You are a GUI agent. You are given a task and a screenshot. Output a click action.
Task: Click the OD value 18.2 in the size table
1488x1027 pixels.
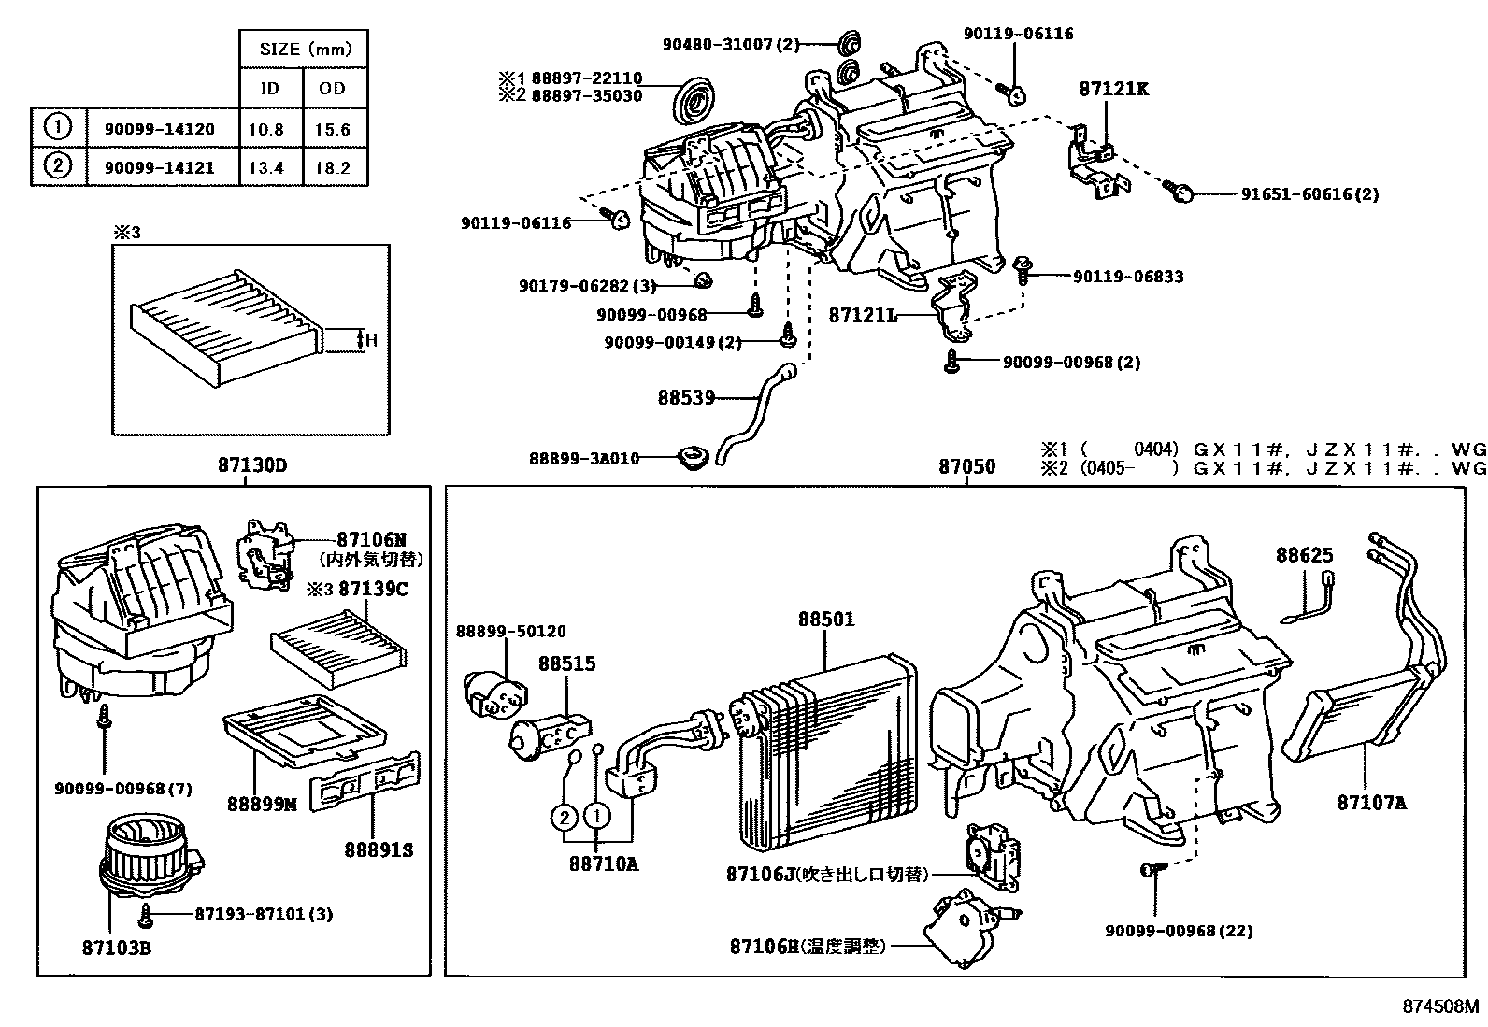333,168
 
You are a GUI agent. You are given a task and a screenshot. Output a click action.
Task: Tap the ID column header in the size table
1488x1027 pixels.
269,89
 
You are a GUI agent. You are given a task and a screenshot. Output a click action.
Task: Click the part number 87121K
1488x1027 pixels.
1113,90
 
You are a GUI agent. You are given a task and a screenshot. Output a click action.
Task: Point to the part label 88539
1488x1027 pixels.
685,397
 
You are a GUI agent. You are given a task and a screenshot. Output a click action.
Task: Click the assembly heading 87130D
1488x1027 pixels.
246,465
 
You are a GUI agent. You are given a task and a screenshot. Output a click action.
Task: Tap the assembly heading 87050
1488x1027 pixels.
967,466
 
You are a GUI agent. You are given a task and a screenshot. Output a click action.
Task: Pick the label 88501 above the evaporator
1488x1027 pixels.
826,620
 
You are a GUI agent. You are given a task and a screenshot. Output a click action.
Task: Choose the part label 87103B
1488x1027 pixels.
117,949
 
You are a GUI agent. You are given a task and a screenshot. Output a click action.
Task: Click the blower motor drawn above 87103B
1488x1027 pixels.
150,855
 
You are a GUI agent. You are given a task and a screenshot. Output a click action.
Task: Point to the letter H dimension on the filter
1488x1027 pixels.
371,340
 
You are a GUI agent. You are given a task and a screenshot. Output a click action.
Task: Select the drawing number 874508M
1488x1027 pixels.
1440,1006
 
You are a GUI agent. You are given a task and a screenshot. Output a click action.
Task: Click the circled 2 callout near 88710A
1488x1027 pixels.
564,818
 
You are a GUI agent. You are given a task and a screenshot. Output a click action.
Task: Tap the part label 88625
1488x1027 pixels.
1305,555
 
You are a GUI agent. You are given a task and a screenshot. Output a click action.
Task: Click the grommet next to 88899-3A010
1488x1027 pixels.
692,459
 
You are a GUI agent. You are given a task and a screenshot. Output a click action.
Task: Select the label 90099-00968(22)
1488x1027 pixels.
1179,931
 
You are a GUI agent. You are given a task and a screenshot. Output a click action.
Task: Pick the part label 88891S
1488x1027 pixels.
379,850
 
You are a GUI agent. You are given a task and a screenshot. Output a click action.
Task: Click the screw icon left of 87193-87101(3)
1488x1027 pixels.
146,913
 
